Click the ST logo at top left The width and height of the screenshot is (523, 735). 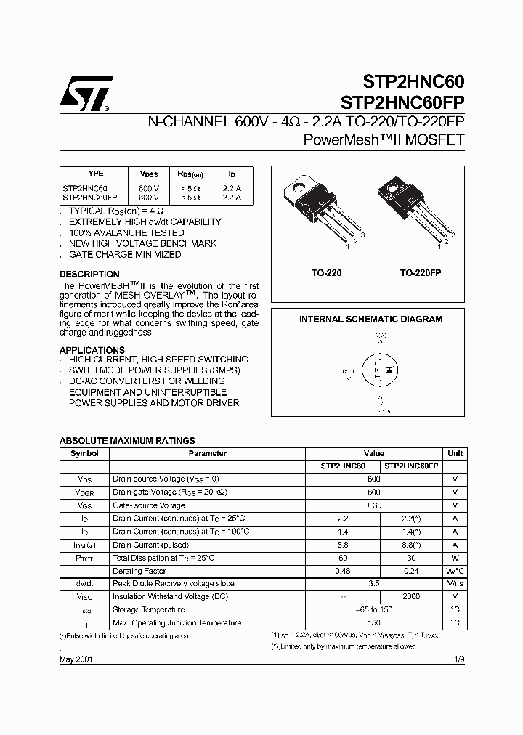point(85,93)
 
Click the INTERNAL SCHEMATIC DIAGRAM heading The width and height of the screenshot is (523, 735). point(370,319)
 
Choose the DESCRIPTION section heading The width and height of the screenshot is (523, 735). point(89,274)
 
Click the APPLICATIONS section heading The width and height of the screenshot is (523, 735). point(92,350)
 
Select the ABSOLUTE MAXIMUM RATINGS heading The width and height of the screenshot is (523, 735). point(126,440)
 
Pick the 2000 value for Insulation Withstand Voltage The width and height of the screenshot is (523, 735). point(410,596)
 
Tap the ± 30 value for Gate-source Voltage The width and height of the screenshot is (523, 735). point(373,505)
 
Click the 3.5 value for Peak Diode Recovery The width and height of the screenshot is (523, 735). point(373,583)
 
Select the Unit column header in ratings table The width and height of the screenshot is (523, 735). point(455,453)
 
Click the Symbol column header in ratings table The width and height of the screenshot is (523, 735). point(84,453)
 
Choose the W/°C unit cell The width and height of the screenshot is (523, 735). point(455,571)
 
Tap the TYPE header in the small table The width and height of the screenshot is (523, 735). point(94,174)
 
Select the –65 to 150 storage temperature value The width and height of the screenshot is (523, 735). point(373,609)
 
